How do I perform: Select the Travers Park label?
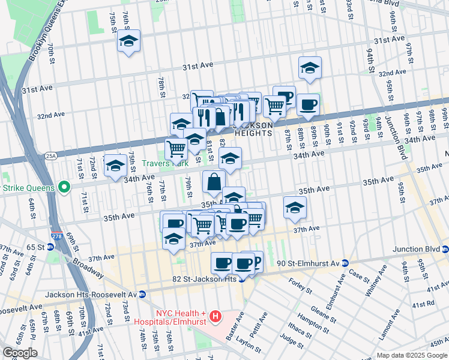point(165,163)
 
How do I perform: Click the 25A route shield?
point(50,155)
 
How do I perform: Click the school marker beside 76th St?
point(128,41)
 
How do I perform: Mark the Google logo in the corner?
point(20,353)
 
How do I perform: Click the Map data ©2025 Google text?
point(412,355)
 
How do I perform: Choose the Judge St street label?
point(291,341)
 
